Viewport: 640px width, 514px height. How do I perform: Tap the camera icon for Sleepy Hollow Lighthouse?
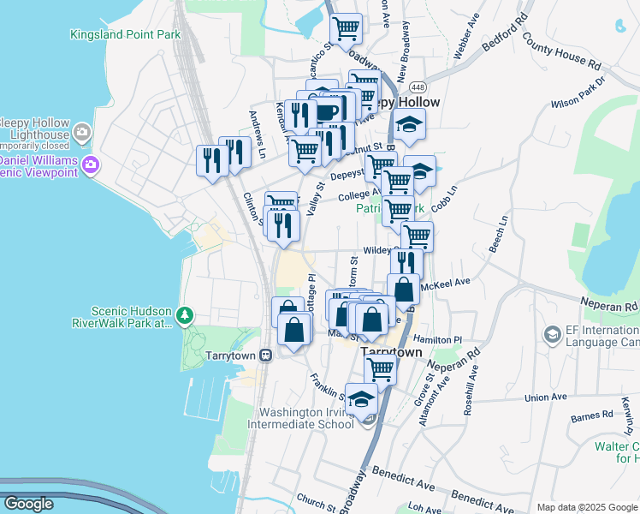[82, 131]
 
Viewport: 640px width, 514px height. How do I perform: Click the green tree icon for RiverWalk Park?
[184, 316]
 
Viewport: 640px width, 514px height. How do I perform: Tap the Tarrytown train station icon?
[266, 355]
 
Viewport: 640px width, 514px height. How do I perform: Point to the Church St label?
[316, 501]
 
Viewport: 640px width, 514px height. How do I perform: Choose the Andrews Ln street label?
[258, 127]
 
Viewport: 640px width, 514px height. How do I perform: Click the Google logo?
[28, 504]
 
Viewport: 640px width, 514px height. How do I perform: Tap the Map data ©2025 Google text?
[586, 507]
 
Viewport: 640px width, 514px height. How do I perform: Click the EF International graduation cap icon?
[552, 333]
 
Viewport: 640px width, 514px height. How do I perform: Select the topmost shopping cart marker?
[347, 28]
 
